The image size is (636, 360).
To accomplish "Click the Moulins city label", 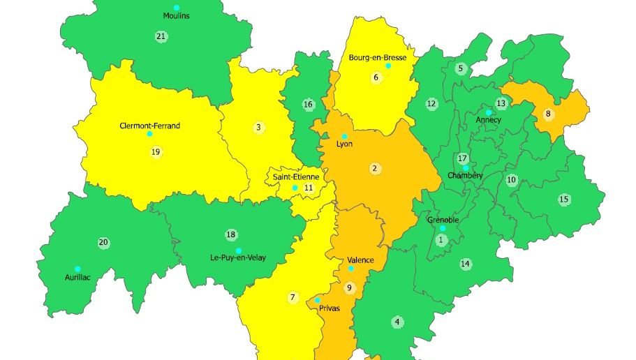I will [177, 15].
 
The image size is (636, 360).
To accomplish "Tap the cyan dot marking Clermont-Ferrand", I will [149, 134].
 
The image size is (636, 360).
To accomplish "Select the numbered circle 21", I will [161, 36].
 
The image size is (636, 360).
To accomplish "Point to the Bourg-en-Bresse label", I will [377, 57].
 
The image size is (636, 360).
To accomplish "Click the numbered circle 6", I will [376, 77].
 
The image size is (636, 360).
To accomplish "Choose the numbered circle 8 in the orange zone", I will [548, 113].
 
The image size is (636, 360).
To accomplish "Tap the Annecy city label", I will [488, 120].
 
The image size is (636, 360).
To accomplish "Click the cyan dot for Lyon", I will [344, 136].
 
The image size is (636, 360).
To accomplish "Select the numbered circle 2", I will [375, 168].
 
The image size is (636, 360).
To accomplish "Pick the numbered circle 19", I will [155, 151].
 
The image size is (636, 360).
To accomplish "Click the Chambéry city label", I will [465, 176].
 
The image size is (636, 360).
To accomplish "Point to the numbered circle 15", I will [563, 200].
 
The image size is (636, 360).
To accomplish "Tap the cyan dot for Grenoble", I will [442, 228].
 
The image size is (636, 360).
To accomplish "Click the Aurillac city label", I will [77, 277].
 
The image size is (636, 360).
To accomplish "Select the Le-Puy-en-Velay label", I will [238, 258].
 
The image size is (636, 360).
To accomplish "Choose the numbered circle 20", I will [103, 243].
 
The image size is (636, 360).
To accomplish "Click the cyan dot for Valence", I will [351, 269].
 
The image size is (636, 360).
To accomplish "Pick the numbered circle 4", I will [397, 322].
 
